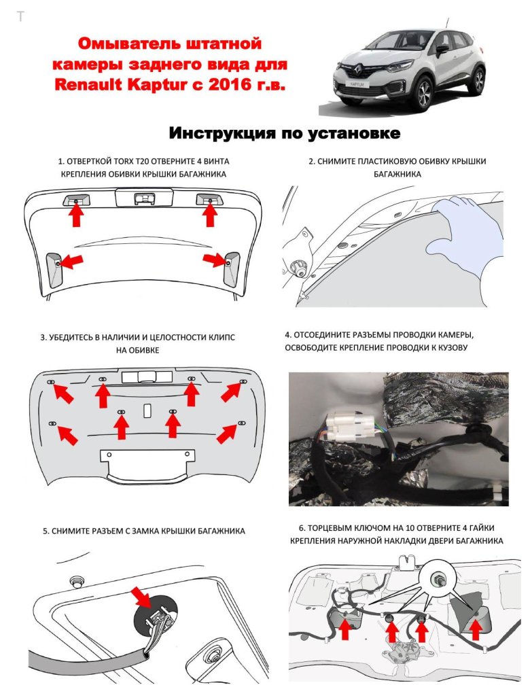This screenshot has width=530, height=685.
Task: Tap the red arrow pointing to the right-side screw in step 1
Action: (x=215, y=260)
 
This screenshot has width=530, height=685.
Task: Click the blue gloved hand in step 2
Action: (x=470, y=234)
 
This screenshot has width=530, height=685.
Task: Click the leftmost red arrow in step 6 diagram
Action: (x=345, y=629)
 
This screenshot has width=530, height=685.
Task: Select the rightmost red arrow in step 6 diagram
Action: (x=476, y=629)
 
